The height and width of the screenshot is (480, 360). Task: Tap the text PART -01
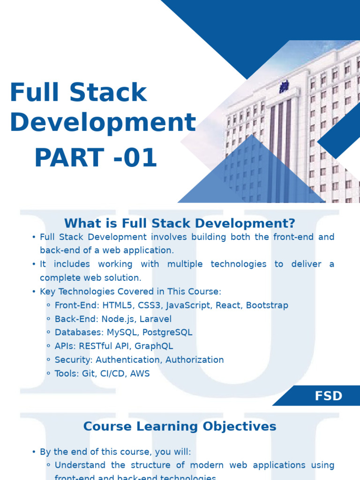[x=95, y=158]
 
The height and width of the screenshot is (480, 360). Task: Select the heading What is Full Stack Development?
[x=180, y=223]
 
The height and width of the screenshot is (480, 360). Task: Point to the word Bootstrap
[x=267, y=305]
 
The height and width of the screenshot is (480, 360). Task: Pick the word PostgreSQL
[x=167, y=332]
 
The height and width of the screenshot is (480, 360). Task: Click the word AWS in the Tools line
[x=139, y=374]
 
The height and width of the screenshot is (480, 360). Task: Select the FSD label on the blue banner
[x=329, y=396]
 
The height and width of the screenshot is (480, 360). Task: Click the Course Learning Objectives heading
[x=180, y=426]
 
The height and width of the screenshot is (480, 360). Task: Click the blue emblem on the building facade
[x=284, y=87]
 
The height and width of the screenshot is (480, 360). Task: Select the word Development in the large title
[x=103, y=122]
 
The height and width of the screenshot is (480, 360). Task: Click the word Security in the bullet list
[x=71, y=360]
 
